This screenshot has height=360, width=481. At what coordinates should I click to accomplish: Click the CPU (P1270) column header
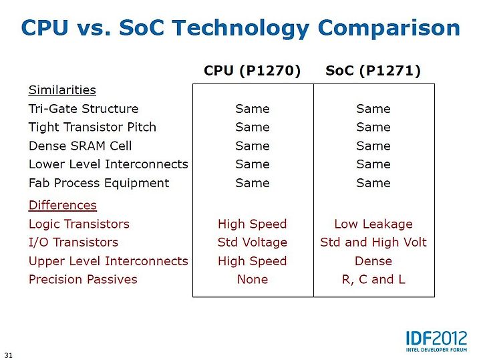[252, 71]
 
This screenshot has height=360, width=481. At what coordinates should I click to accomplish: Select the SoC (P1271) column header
[373, 71]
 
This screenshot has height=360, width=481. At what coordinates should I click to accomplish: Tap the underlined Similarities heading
[62, 90]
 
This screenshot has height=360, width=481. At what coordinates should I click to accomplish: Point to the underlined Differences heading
[63, 205]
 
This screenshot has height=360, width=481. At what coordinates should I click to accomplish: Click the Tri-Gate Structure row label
[84, 109]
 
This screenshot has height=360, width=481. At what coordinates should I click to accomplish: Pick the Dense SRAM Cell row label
[80, 146]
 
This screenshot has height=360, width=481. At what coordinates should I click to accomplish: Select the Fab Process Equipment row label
[99, 183]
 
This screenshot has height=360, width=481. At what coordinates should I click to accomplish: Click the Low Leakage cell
[373, 224]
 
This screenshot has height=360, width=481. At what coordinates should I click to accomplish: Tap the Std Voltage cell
[252, 242]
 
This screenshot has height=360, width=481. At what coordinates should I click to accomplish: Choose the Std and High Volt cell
[373, 242]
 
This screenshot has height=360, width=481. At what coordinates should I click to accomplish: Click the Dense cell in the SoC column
[373, 261]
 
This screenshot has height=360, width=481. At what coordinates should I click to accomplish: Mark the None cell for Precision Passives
[253, 279]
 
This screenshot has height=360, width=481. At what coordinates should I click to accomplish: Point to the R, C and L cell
[373, 280]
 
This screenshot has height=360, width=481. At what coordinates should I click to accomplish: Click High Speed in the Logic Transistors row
[252, 224]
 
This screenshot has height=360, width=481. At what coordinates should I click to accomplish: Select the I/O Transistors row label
[73, 242]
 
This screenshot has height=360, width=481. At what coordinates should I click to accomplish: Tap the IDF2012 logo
[436, 341]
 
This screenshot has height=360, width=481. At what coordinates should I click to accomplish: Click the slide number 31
[9, 355]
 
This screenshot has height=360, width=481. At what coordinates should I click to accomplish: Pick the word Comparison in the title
[389, 28]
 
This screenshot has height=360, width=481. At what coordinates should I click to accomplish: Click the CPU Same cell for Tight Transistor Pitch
[253, 127]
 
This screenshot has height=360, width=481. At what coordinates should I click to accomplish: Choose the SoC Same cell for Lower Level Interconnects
[373, 164]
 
